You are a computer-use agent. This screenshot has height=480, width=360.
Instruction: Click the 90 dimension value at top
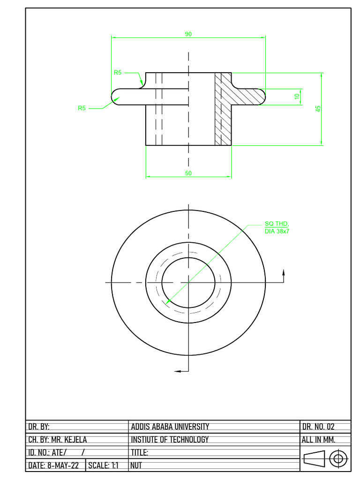pos(188,34)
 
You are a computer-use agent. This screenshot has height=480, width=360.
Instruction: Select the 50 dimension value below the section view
pos(188,173)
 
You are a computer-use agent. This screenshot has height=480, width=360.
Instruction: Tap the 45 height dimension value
pos(318,108)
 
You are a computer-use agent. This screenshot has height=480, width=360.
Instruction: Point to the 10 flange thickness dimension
pos(297,96)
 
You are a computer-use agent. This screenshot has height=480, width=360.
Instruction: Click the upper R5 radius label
pos(118,73)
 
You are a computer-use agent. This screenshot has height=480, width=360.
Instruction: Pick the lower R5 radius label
pos(82,108)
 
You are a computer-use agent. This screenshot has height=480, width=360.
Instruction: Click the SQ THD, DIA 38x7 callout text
pos(277,227)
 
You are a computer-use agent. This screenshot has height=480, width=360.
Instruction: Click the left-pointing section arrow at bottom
pos(178,371)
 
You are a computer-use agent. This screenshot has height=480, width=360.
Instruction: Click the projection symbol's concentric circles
pos(338,458)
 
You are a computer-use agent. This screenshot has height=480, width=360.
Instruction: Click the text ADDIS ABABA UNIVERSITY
pos(170,427)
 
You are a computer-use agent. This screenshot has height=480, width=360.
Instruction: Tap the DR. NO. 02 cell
pos(319,427)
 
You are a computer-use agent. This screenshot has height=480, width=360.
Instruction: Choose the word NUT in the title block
pos(136,466)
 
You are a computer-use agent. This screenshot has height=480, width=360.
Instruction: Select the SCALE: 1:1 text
pos(104,466)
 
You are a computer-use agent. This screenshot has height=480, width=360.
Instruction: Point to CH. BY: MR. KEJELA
pos(58,440)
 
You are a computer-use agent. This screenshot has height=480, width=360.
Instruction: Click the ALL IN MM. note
pos(319,440)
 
